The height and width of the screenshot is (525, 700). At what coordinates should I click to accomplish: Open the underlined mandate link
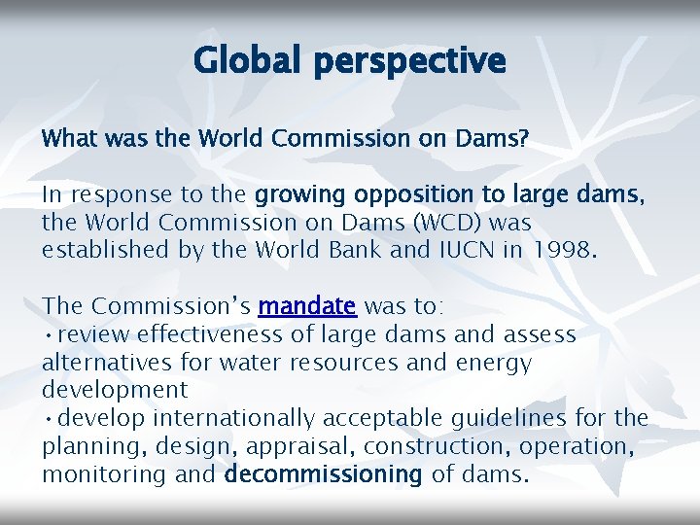pos(307,307)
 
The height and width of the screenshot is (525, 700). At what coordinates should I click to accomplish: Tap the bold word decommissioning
pos(324,475)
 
